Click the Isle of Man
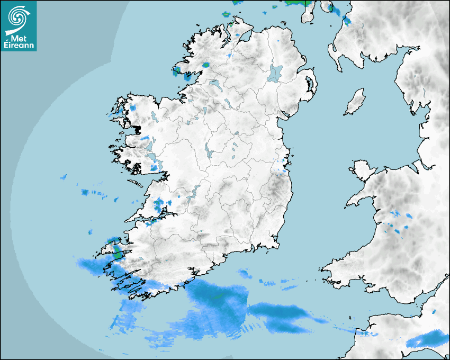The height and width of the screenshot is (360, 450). tap(355, 102)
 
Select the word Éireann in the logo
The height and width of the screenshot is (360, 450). tap(19, 44)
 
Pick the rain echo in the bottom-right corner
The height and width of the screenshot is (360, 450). tap(426, 339)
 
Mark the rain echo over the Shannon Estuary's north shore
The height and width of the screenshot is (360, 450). tap(159, 204)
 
